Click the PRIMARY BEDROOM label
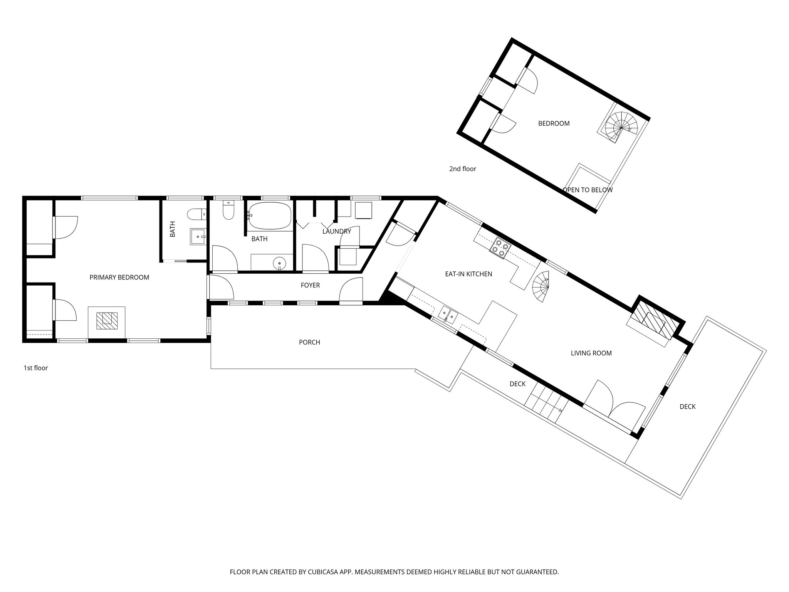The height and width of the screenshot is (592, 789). (x=119, y=277)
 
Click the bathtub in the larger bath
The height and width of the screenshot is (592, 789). (x=269, y=216)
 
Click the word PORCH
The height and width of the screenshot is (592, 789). (x=309, y=342)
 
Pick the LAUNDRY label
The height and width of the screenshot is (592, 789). (x=337, y=232)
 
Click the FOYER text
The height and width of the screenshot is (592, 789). (x=310, y=286)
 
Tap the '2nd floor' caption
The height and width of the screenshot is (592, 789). (x=462, y=169)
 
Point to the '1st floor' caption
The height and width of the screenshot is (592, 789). (x=36, y=368)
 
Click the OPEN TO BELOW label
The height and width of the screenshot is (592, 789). (x=587, y=190)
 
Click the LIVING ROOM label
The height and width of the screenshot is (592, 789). (x=591, y=353)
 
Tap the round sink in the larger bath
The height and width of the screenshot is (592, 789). (x=279, y=264)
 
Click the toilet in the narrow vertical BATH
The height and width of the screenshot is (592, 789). (x=197, y=214)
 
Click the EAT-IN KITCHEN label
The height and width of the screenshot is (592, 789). (x=468, y=274)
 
